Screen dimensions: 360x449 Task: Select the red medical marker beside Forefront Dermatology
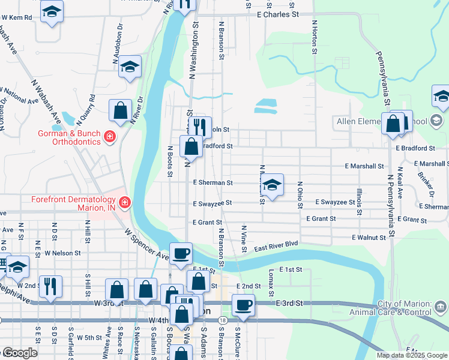click(x=125, y=203)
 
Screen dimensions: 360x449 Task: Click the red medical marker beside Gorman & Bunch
click(x=110, y=137)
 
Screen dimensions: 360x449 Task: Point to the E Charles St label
click(x=277, y=14)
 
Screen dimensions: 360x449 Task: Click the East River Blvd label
click(x=276, y=245)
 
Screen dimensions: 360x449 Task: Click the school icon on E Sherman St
click(x=273, y=185)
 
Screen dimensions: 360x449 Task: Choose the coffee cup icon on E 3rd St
click(x=244, y=305)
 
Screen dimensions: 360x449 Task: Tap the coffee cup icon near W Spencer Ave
click(x=181, y=253)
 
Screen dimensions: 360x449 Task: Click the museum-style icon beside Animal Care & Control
click(x=441, y=308)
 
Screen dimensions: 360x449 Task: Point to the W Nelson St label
click(x=62, y=253)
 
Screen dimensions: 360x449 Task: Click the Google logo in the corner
click(x=19, y=353)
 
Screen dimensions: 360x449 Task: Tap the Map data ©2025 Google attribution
click(x=412, y=355)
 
